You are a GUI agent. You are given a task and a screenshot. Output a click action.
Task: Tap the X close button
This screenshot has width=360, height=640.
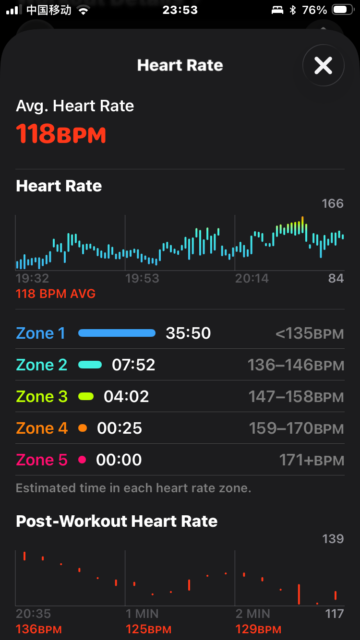(x=323, y=65)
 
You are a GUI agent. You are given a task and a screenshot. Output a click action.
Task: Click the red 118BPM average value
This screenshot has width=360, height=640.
(x=61, y=133)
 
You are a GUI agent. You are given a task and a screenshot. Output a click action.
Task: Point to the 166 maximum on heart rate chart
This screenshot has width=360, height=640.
(x=333, y=203)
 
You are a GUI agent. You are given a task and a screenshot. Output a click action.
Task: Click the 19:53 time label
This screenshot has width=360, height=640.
(x=142, y=278)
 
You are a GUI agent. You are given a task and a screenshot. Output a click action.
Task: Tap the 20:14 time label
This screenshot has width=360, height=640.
(x=252, y=278)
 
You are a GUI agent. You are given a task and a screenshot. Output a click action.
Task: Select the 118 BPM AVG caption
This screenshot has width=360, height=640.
(x=56, y=294)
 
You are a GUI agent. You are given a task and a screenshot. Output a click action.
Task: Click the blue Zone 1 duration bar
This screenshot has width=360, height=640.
(x=117, y=333)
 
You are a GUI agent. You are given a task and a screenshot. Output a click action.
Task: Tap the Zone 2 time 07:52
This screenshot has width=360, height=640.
(x=133, y=365)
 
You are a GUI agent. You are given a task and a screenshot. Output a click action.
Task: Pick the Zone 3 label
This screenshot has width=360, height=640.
(x=42, y=396)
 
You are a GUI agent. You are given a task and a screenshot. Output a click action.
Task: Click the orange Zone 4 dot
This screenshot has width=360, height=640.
(x=83, y=428)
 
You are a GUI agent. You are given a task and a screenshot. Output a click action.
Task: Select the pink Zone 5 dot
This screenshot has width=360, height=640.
(x=82, y=460)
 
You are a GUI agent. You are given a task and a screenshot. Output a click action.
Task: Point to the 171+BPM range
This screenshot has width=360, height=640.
(x=312, y=461)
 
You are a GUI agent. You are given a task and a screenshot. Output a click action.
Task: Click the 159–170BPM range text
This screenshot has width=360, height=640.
(x=296, y=428)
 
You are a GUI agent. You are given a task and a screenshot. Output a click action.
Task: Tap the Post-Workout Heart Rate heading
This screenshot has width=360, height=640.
(x=117, y=521)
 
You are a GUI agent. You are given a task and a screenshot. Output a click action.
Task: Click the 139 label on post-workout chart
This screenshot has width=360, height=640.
(x=333, y=539)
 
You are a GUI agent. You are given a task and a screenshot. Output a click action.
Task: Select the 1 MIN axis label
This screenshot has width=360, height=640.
(x=143, y=614)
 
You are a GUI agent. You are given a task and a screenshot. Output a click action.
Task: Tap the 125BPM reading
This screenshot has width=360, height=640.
(x=148, y=629)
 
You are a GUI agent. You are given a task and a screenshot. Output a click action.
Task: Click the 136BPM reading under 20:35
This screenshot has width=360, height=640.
(x=39, y=629)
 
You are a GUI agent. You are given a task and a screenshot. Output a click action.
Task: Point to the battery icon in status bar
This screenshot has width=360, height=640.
(x=342, y=10)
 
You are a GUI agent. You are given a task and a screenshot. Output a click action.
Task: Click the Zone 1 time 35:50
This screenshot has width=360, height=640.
(x=188, y=333)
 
